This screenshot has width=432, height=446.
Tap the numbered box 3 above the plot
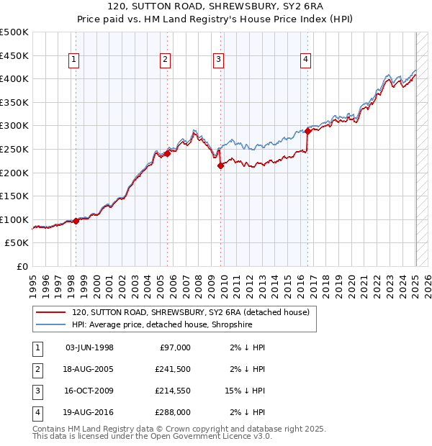[x=217, y=60]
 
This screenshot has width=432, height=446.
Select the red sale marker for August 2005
[x=167, y=153]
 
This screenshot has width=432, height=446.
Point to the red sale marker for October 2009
[x=220, y=165]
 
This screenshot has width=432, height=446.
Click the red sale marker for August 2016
[x=307, y=131]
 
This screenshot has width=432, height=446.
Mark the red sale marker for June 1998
[x=76, y=221]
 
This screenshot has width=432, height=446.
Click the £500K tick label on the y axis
[x=14, y=32]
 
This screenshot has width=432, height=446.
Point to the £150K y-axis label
[x=14, y=196]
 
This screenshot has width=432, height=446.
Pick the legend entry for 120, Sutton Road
[x=190, y=312]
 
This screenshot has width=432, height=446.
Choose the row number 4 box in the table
[x=36, y=412]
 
